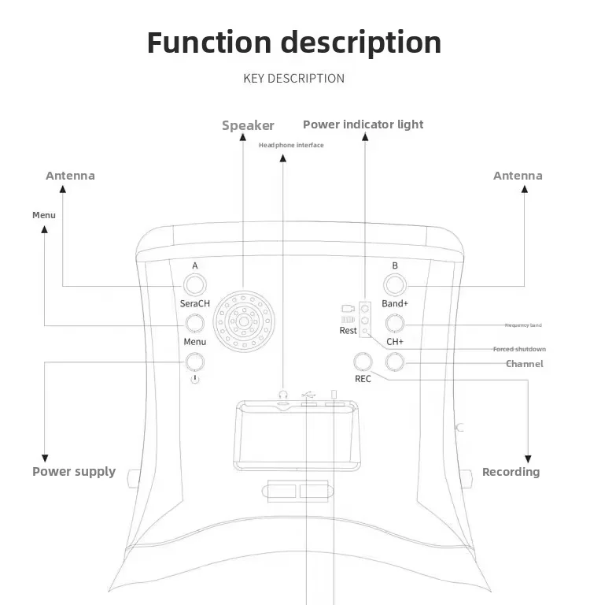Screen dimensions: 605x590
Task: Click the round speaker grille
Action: [x=245, y=322]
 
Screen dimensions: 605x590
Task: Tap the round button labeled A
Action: [x=194, y=284]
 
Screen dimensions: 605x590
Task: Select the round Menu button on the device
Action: [x=194, y=322]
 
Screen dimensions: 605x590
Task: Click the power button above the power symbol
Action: [x=194, y=362]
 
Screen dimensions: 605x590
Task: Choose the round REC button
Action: [x=363, y=362]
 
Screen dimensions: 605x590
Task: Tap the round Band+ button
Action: [x=395, y=284]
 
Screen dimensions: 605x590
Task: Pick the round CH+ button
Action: [x=395, y=322]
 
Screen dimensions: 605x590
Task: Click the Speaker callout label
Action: [x=248, y=125]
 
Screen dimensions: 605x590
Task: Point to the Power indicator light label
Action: [x=363, y=124]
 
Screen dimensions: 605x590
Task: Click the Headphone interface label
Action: [x=291, y=145]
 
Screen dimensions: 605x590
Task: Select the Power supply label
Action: [x=74, y=472]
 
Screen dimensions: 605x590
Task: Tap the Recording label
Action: [x=511, y=472]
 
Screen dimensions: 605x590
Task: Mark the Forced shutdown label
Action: [x=519, y=349]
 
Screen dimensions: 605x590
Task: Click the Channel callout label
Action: [x=524, y=364]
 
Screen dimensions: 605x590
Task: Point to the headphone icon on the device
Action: [x=283, y=393]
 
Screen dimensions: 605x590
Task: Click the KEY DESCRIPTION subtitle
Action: [x=293, y=78]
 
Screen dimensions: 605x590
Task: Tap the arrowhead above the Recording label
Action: [x=528, y=458]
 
